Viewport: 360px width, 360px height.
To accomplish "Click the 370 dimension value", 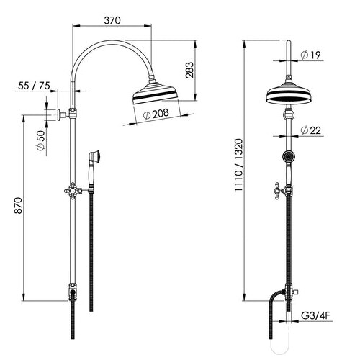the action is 112,21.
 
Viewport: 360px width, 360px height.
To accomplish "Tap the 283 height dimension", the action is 189,70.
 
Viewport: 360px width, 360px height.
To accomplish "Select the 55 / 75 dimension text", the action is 34,86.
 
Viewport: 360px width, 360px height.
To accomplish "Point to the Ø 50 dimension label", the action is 41,140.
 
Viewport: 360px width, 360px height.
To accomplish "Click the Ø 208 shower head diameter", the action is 156,114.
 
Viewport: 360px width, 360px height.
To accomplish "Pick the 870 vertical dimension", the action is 18,205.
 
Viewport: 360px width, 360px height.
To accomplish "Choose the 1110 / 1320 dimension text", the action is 239,165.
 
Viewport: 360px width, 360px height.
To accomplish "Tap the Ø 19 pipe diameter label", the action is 310,55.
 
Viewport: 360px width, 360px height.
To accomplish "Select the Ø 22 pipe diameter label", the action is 310,130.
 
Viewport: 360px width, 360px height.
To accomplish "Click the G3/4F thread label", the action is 315,316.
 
